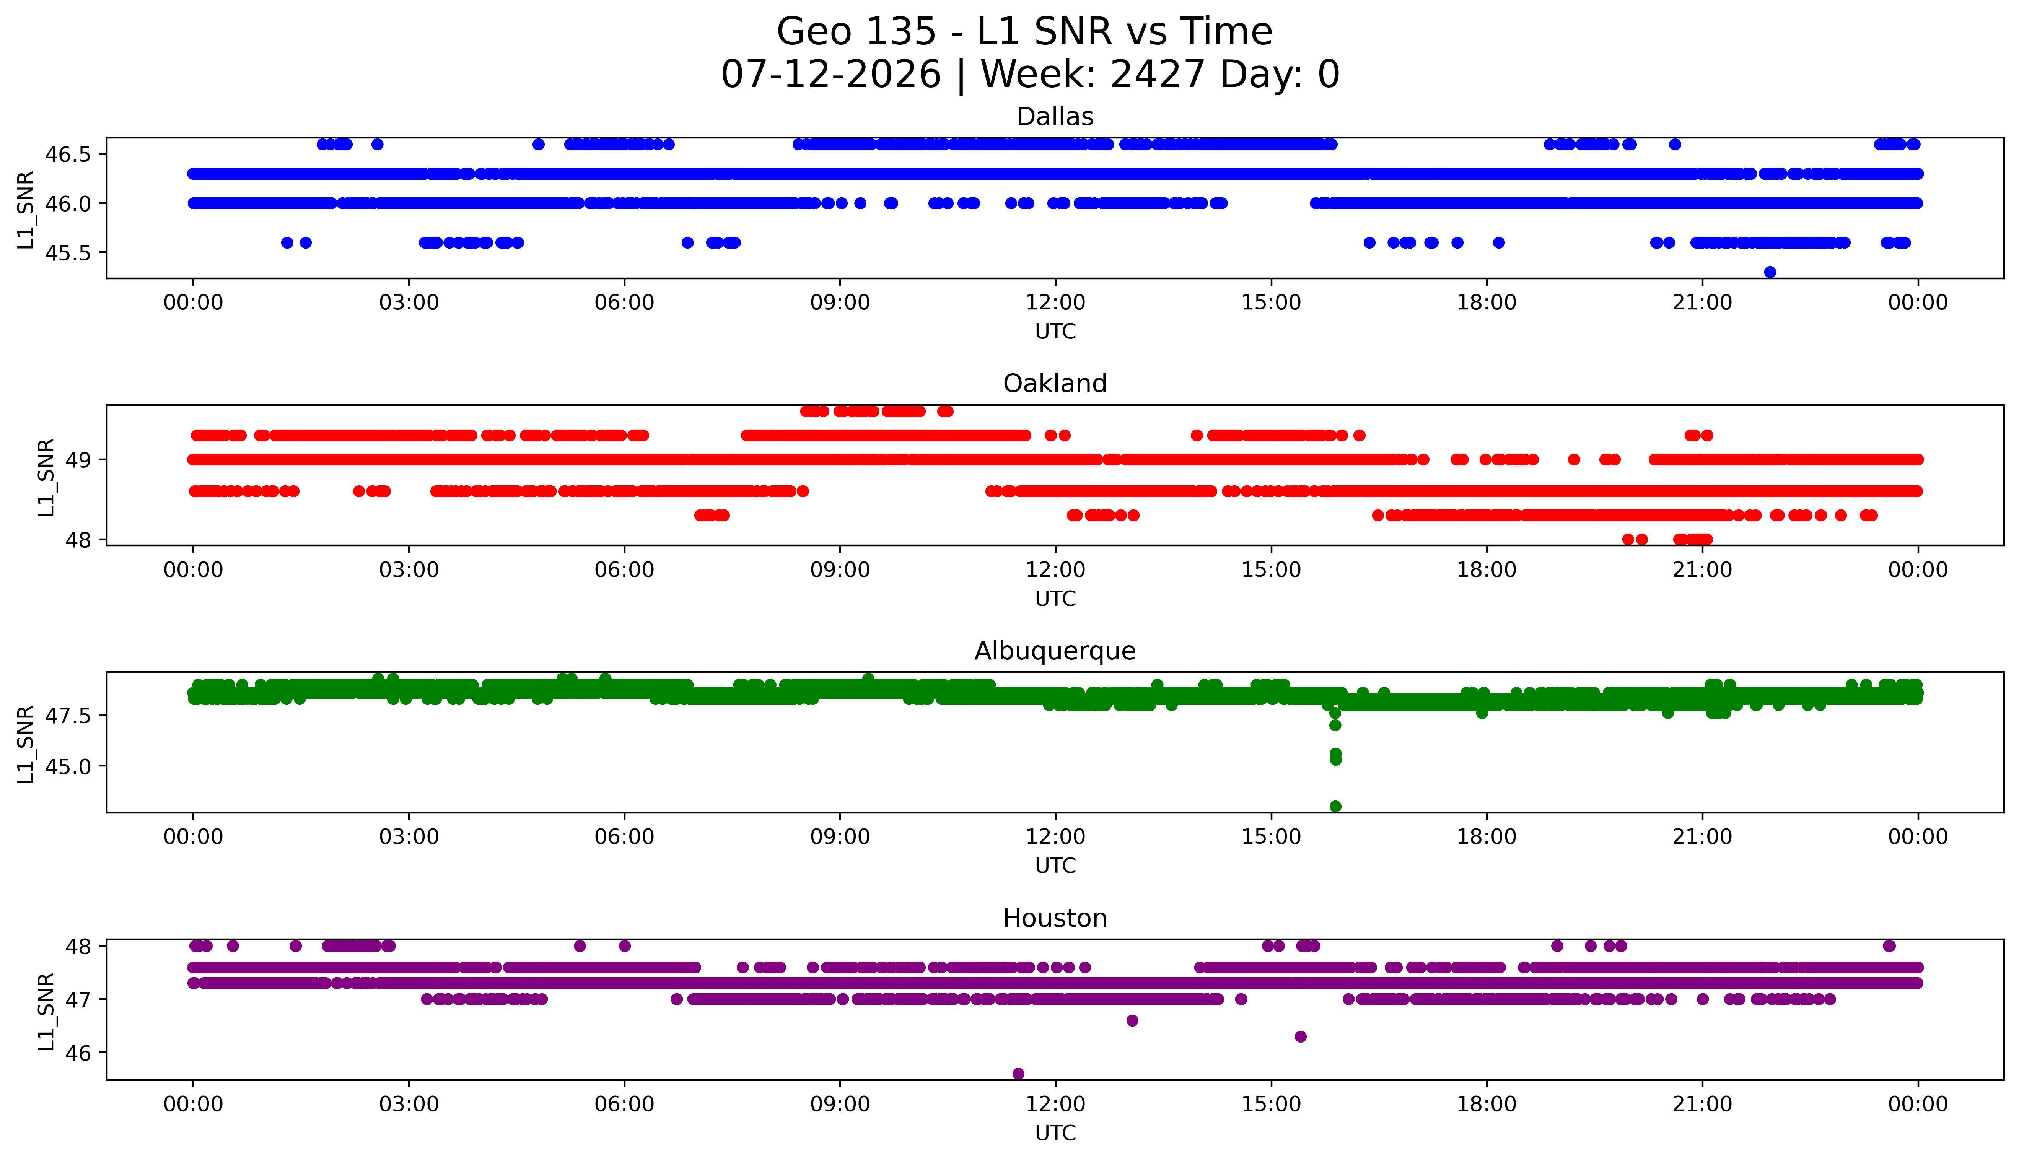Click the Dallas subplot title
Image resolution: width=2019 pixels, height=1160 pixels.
click(1055, 117)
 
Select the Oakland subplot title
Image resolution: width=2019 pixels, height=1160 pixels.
click(1055, 384)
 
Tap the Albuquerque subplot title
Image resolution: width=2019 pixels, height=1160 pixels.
click(1055, 651)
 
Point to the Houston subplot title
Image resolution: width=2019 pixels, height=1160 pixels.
click(1055, 919)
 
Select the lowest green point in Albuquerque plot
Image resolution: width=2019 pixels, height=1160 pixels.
click(1335, 806)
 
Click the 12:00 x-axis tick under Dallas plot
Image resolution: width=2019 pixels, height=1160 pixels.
click(1056, 303)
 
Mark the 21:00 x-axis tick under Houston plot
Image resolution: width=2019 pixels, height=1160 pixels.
click(1703, 1104)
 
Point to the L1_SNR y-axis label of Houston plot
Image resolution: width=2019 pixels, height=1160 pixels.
click(46, 1011)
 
